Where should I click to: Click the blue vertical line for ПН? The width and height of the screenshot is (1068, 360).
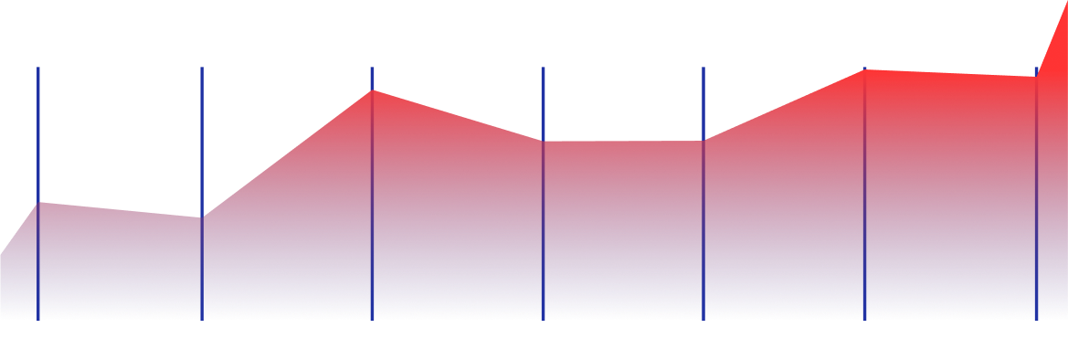click(x=38, y=137)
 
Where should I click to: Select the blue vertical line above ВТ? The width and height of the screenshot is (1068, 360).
click(x=202, y=137)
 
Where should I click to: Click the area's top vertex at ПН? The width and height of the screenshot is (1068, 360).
click(x=38, y=202)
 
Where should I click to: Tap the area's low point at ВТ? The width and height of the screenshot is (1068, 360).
click(x=202, y=217)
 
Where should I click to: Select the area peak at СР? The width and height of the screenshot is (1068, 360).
click(x=372, y=90)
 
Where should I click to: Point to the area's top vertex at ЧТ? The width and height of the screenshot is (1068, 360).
click(x=543, y=141)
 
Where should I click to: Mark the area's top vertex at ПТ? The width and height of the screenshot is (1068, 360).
click(x=703, y=141)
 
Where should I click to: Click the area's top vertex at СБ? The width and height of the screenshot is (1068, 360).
click(x=864, y=69)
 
